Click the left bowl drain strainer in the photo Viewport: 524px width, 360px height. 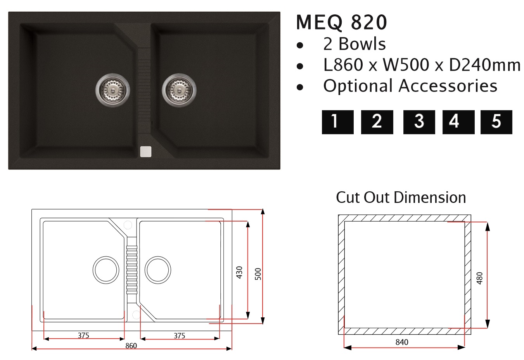click(x=113, y=90)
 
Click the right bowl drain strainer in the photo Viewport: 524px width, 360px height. click(x=179, y=90)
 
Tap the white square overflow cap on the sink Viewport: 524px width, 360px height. click(x=146, y=152)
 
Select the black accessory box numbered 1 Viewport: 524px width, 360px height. click(x=337, y=122)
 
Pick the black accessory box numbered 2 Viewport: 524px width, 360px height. click(x=377, y=122)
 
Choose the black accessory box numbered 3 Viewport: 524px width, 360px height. click(x=419, y=122)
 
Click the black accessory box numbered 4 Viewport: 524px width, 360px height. click(x=458, y=122)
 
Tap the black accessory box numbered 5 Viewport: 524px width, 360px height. click(x=496, y=122)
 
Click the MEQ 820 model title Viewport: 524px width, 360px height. click(x=342, y=22)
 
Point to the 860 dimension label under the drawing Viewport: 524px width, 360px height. click(x=131, y=346)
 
